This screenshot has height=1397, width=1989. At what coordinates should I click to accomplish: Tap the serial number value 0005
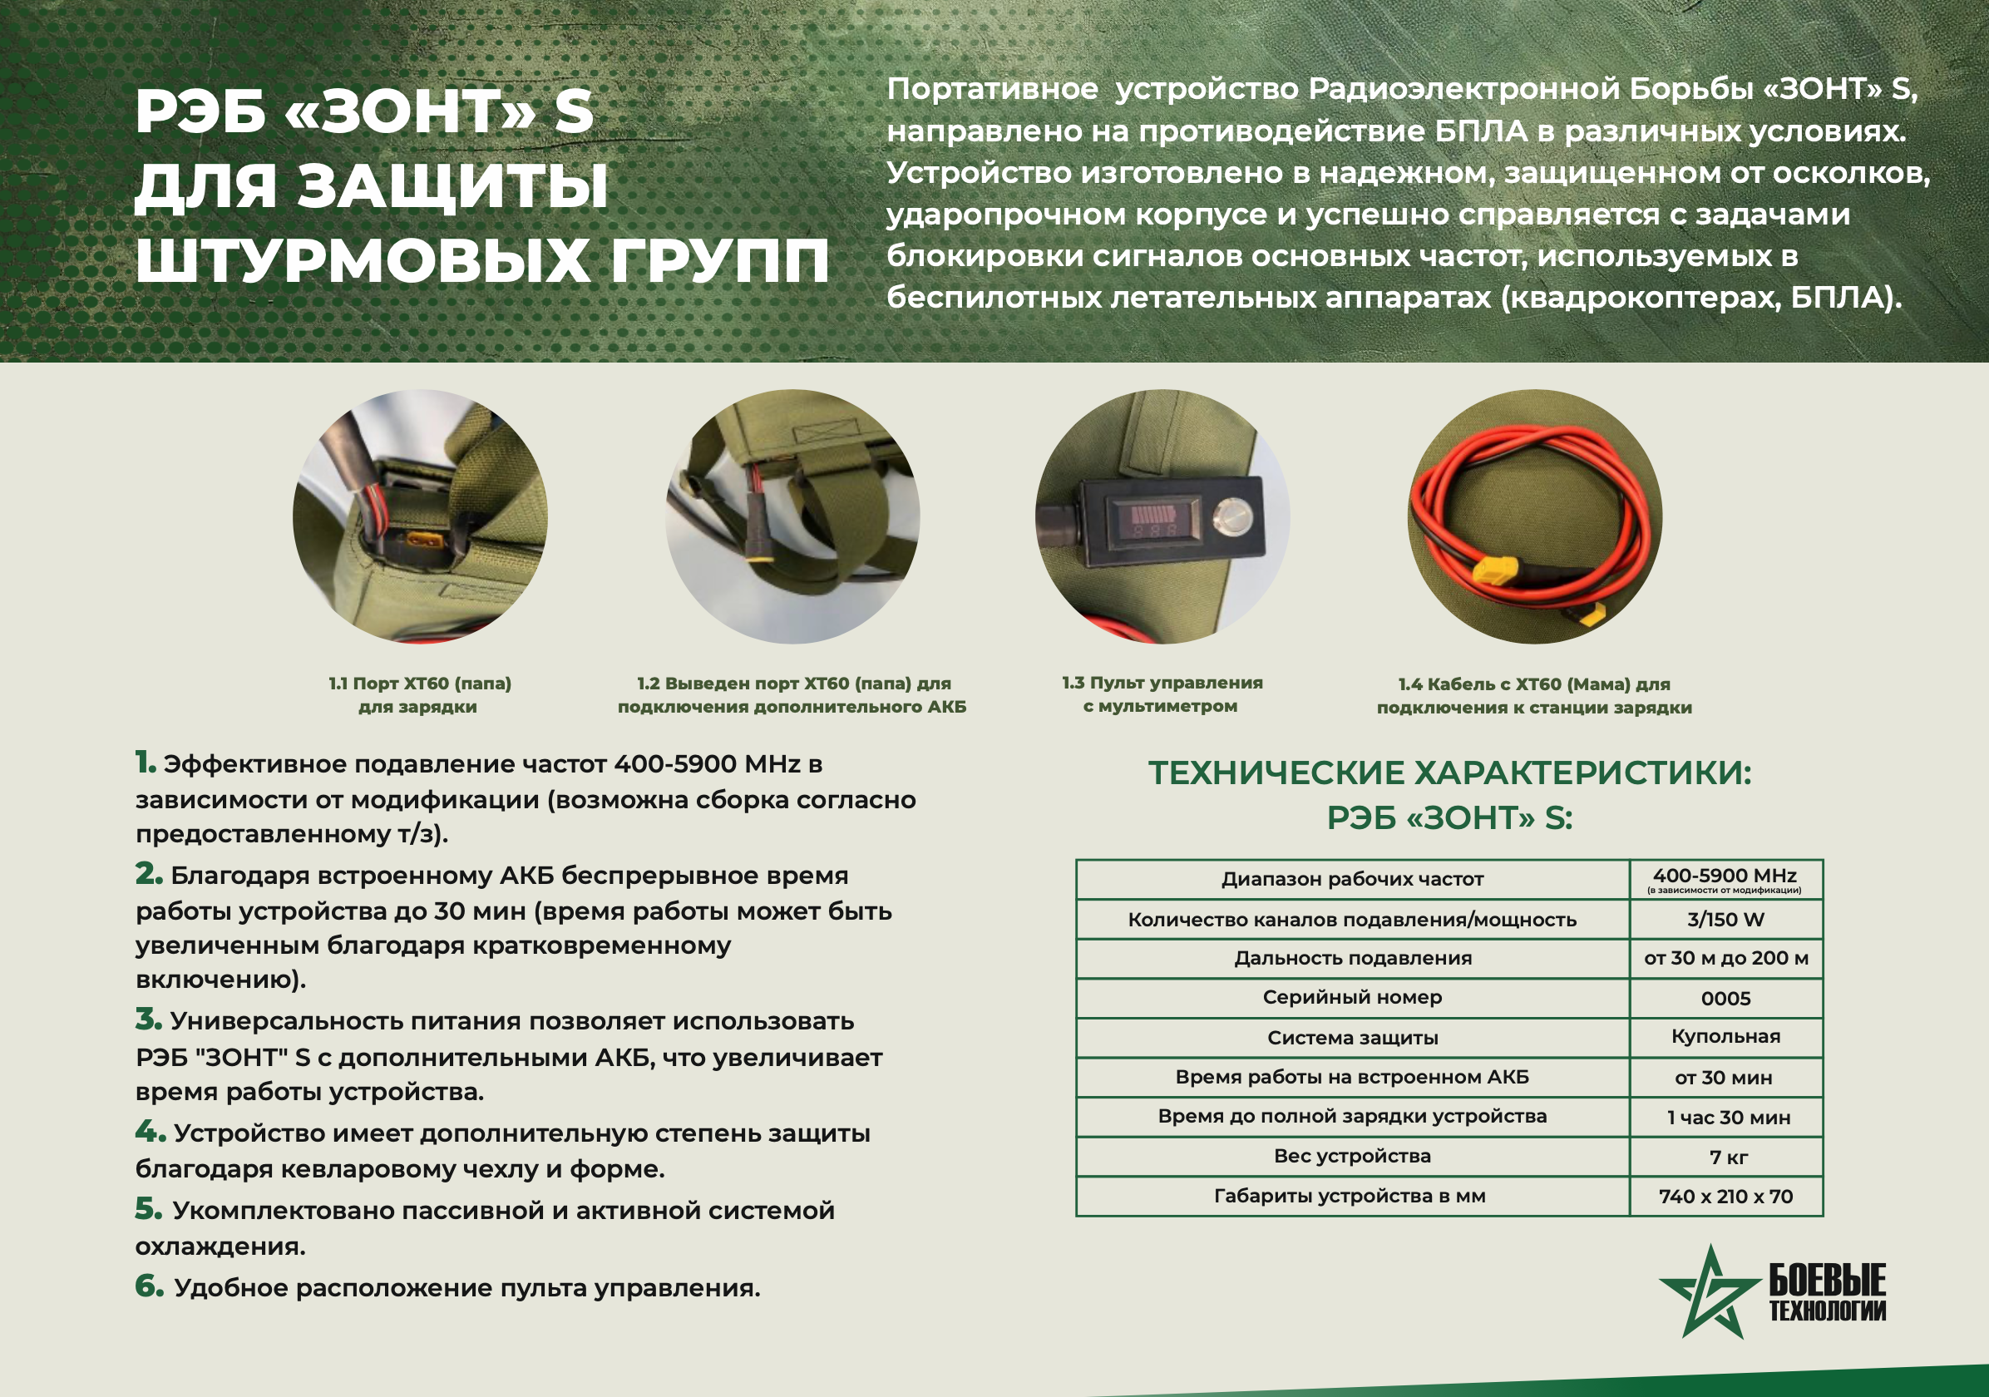point(1725,999)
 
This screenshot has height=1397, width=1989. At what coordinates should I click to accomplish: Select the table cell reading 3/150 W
point(1725,920)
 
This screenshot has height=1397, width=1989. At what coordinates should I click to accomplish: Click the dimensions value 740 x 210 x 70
point(1725,1197)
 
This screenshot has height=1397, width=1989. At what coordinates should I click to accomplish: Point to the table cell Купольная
point(1725,1037)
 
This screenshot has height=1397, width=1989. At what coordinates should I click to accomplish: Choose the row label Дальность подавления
point(1353,958)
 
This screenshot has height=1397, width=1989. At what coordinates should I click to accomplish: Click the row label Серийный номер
point(1352,998)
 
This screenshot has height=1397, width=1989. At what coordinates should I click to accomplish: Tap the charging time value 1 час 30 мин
point(1728,1118)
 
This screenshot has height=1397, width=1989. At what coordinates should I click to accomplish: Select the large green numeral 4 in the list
point(150,1130)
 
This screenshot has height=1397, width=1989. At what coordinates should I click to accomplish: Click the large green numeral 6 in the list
point(149,1286)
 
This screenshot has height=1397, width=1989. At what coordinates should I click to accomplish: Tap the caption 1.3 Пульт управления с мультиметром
point(1162,694)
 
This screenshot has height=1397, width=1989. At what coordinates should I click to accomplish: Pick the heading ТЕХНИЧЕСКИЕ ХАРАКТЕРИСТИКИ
point(1449,773)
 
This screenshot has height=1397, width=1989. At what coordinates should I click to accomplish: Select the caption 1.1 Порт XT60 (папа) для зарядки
point(419,694)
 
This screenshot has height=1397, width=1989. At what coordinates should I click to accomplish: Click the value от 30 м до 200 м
point(1725,958)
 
